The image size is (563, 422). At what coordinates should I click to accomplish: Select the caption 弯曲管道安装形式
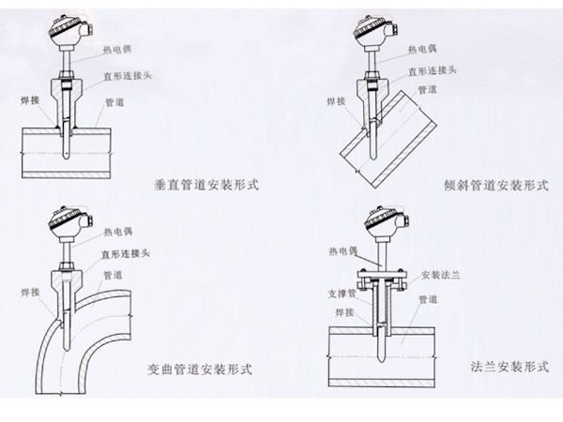pos(200,365)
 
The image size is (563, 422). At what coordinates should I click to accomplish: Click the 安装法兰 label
pos(442,276)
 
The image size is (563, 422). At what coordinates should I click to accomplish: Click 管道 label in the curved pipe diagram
pos(114,275)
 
